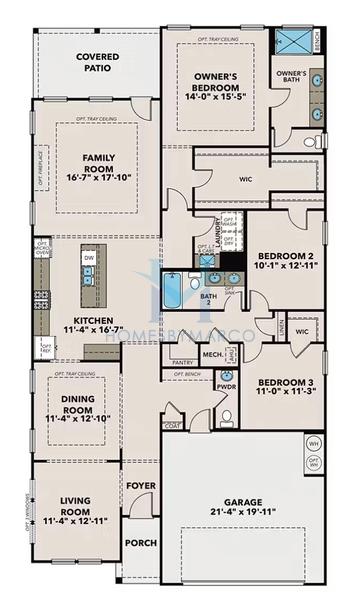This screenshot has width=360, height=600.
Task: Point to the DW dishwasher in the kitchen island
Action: tap(89, 258)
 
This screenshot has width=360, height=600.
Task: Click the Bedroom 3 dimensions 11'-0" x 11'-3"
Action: tap(285, 394)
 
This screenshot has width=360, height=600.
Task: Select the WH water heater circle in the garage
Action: tap(313, 444)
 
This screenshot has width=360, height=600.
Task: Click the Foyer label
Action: tap(140, 487)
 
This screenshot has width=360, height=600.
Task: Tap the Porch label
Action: tap(140, 543)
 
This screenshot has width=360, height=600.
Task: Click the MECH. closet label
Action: tap(212, 354)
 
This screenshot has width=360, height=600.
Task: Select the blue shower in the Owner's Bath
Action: tap(293, 42)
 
